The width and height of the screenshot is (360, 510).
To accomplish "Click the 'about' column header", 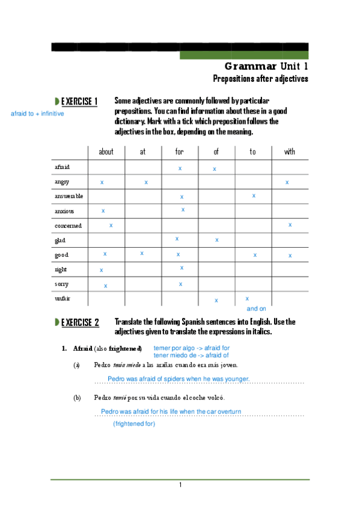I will point(106,152).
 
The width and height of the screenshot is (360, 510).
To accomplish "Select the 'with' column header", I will point(289,152).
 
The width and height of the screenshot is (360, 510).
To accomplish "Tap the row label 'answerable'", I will point(69,196).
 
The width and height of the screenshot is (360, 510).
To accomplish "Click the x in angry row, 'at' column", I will point(145,182).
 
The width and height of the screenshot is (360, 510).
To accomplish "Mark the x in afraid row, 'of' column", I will point(214,170).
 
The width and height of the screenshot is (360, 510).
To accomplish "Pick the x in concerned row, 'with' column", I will point(290,225).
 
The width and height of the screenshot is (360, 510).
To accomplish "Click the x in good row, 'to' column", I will point(255,255).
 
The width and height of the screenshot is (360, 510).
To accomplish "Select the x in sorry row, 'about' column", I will point(105,286).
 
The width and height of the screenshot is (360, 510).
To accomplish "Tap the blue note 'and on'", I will point(256,309).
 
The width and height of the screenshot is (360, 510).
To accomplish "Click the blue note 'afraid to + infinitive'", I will point(37,114).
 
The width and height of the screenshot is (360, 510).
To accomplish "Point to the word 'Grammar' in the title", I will point(251,67).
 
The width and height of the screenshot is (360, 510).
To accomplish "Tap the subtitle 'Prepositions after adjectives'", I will point(260,79).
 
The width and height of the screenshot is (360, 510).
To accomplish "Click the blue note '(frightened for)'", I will point(134,424).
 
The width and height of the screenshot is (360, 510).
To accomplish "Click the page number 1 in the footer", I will point(180,485).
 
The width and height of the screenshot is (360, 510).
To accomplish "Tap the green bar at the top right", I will point(244,55).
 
